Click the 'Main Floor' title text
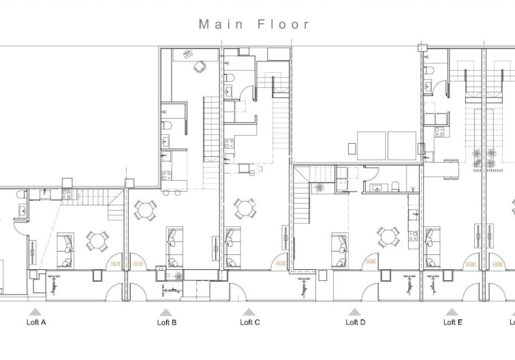point(254,24)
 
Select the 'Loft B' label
point(166,322)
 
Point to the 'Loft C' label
point(249,322)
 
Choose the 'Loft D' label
point(355,322)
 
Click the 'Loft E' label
point(452,322)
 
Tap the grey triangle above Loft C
point(249,312)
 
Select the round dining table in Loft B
point(144,210)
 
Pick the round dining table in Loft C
point(245,207)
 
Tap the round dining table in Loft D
point(388,237)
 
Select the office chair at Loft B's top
point(199,67)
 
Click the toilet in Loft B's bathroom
point(166,126)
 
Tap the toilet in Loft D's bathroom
point(394,185)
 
